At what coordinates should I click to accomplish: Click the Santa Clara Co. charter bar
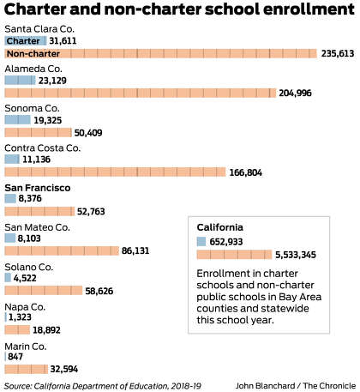point(26,41)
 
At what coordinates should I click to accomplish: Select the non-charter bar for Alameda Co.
point(141,93)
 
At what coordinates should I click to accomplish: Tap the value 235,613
point(338,53)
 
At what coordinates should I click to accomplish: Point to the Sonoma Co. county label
point(32,108)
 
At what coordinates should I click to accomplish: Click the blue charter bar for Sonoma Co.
point(17,120)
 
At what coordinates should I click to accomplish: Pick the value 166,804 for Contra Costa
point(245,172)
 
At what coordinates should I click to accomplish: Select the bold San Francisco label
point(38,188)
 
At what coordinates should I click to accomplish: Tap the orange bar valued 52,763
point(39,211)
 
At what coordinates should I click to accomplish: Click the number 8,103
point(29,238)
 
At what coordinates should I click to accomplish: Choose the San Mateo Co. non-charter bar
point(62,250)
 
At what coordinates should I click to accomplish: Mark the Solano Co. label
point(29,267)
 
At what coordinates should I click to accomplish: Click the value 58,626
point(99,291)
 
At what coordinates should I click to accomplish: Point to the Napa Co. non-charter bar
point(17,330)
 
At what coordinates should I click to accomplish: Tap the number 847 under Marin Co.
point(15,357)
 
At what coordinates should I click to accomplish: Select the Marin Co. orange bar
point(27,369)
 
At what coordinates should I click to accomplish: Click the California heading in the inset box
point(220,227)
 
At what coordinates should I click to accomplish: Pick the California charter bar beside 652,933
point(201,242)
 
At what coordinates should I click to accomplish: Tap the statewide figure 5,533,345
point(296,255)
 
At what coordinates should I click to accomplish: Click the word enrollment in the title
point(309,9)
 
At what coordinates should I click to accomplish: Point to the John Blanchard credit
point(265,386)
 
